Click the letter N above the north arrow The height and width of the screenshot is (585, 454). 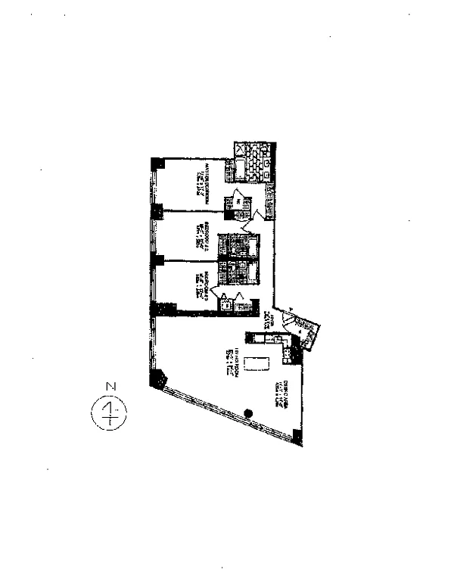[110, 387]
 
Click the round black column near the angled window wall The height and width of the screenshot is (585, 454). [247, 412]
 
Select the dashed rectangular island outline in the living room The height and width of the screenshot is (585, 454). [257, 363]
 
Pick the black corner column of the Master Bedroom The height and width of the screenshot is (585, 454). [157, 163]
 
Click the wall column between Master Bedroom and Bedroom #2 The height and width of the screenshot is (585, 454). [157, 212]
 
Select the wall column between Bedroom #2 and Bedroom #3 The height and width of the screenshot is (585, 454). [157, 261]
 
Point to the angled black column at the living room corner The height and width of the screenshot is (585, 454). [160, 378]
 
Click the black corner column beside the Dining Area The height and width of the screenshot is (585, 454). [297, 435]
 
